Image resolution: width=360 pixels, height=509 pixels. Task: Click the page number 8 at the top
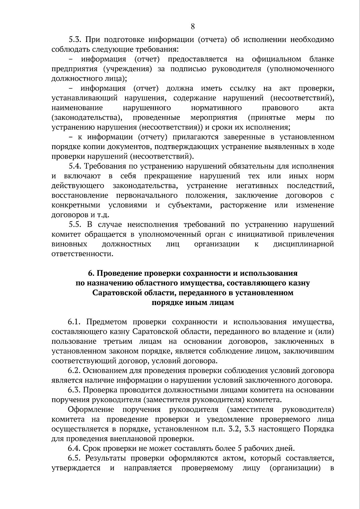pyautogui.click(x=193, y=27)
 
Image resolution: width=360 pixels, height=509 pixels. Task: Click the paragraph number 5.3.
pyautogui.click(x=76, y=40)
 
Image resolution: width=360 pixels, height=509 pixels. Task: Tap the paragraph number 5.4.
pyautogui.click(x=75, y=166)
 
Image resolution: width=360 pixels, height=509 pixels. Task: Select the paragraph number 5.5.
pyautogui.click(x=75, y=225)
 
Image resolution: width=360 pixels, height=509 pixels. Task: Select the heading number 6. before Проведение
pyautogui.click(x=91, y=273)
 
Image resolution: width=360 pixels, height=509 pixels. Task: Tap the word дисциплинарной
pyautogui.click(x=303, y=244)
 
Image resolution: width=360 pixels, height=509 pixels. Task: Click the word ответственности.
pyautogui.click(x=82, y=254)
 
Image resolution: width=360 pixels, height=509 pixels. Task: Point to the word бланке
pyautogui.click(x=321, y=59)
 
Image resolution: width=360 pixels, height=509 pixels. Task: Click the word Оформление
pyautogui.click(x=91, y=410)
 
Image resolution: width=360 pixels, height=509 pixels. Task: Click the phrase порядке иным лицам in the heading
pyautogui.click(x=193, y=303)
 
